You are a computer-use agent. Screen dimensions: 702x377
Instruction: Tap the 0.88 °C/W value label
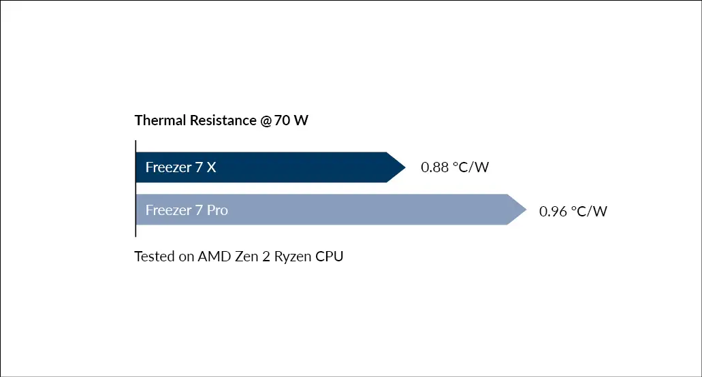455,167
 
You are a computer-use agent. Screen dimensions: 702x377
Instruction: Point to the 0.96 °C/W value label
573,211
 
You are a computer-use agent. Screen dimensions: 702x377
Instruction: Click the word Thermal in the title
160,120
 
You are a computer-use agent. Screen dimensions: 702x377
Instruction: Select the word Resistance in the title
223,120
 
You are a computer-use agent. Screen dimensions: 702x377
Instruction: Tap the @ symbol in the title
266,120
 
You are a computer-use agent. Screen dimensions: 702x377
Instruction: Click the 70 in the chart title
282,120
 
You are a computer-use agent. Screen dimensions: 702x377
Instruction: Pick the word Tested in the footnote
155,257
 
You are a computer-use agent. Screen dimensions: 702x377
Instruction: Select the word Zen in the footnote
246,257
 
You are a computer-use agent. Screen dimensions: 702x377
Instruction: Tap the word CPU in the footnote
330,257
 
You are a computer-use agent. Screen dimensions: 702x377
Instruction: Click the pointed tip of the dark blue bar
405,167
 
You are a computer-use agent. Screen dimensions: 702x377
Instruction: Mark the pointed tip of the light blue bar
526,210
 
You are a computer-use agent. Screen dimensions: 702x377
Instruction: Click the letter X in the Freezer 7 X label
211,167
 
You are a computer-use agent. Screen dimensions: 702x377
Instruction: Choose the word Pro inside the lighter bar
217,210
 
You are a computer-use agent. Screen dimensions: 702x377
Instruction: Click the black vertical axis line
135,188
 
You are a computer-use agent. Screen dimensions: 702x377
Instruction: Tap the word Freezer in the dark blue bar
168,167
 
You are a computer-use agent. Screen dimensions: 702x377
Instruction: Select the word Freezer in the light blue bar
168,210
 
